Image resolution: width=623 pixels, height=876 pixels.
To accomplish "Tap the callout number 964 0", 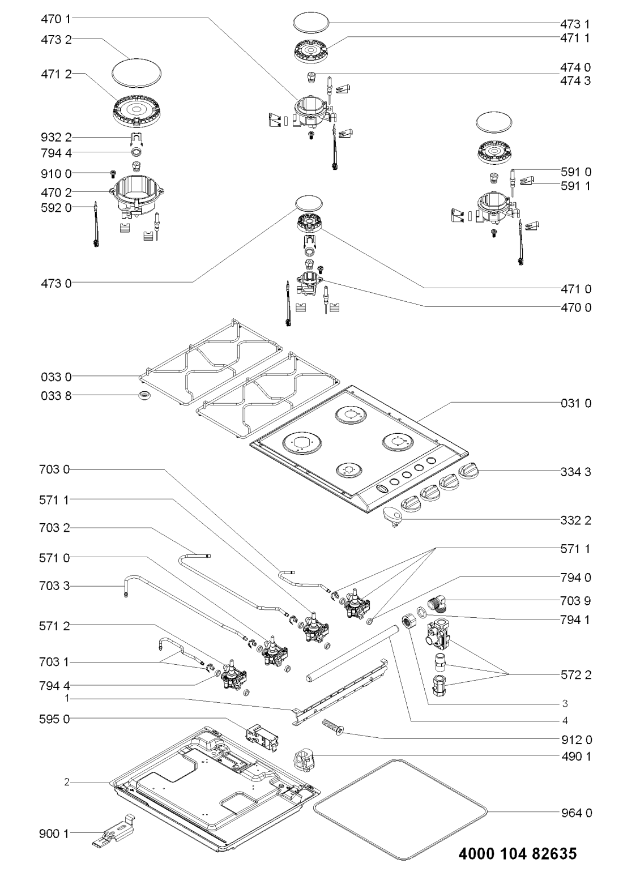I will (x=573, y=813).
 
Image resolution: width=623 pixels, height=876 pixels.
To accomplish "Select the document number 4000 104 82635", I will (x=517, y=853).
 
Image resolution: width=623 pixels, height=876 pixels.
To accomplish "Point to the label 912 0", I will (x=573, y=739).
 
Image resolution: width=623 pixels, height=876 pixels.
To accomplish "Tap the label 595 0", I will (x=57, y=719).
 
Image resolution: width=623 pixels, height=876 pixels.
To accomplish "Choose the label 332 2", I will (x=573, y=520).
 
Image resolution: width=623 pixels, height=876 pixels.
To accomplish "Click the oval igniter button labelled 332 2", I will (x=391, y=515).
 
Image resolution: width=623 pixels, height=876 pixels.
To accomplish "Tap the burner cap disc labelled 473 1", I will (x=311, y=23).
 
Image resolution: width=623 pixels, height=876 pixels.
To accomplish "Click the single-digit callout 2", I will (x=67, y=783).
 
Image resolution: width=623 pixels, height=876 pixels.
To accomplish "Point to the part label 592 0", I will (x=57, y=207).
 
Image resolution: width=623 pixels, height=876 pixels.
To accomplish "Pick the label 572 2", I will (x=573, y=674).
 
